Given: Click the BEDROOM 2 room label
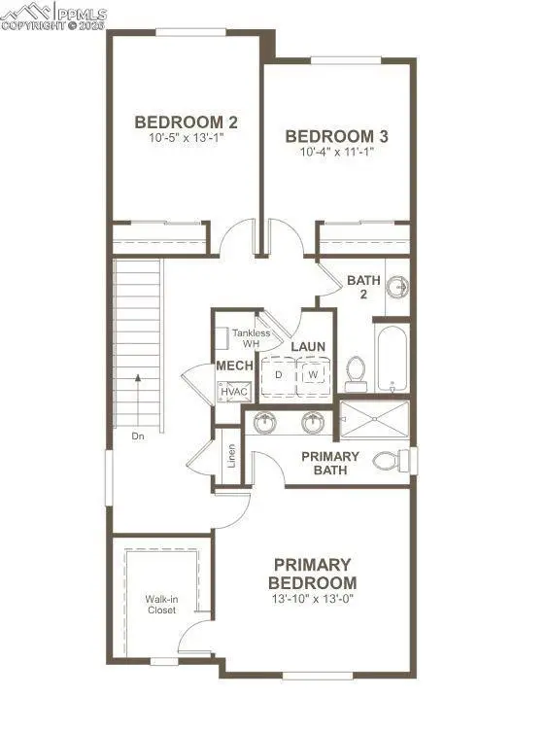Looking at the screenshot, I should click(187, 122).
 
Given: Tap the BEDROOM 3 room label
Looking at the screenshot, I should click(330, 136).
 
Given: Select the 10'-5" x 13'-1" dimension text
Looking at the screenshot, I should click(187, 138).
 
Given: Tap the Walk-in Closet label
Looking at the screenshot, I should click(161, 605).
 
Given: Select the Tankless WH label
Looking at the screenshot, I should click(251, 338).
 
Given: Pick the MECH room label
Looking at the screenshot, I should click(234, 366).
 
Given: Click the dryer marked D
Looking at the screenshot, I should click(278, 374).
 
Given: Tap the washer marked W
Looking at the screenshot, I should click(313, 374).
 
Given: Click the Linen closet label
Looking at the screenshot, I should click(231, 456).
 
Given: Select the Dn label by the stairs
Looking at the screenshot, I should click(140, 436).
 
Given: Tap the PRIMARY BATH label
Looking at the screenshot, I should click(330, 464).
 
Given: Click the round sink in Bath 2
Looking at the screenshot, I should click(397, 287).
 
